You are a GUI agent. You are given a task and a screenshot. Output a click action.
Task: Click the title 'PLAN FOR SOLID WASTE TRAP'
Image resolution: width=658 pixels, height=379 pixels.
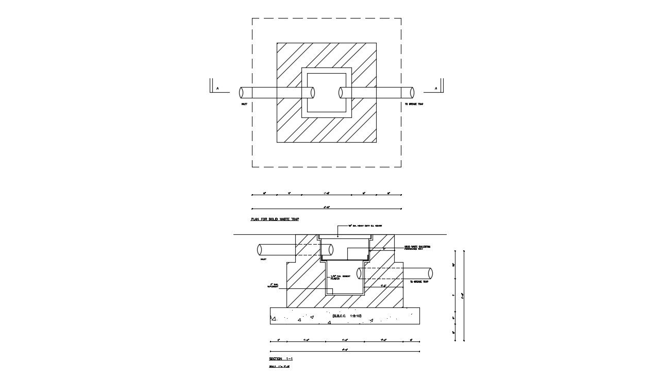(x=275, y=219)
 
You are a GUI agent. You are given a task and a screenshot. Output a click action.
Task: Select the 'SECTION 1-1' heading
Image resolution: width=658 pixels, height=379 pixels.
(x=281, y=358)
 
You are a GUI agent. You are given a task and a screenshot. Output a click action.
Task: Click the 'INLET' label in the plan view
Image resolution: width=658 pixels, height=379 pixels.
(x=244, y=104)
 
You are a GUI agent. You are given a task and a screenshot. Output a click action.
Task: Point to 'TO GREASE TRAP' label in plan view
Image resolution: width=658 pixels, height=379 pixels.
(x=414, y=104)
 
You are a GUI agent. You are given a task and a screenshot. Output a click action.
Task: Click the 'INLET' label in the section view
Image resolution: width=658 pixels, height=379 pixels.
(x=263, y=260)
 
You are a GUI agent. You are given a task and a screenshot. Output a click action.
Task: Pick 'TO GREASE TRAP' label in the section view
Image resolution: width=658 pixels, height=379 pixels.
(x=419, y=282)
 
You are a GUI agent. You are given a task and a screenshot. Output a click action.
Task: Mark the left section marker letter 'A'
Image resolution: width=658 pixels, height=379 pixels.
(x=217, y=89)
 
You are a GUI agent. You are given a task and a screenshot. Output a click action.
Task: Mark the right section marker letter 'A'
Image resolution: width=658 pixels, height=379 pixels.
(x=436, y=89)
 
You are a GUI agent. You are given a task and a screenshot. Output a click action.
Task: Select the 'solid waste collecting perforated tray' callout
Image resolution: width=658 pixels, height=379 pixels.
(x=417, y=248)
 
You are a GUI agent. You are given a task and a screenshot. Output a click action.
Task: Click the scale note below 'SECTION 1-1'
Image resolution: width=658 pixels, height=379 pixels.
(x=279, y=367)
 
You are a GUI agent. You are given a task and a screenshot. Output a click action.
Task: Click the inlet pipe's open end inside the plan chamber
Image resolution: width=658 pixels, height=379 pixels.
(x=312, y=93)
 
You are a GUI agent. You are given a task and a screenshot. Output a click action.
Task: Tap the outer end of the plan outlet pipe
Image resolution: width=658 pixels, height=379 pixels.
(x=412, y=93)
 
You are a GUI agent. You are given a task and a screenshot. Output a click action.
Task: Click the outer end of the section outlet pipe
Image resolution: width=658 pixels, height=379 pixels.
(x=430, y=273)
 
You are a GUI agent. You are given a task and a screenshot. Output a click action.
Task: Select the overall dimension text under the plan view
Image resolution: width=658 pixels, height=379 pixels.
(x=326, y=207)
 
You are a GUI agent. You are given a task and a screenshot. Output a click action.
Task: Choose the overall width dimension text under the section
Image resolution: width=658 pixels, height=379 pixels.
(x=345, y=350)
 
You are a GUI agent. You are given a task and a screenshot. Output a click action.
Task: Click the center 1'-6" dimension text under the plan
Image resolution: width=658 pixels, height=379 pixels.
(x=326, y=193)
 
